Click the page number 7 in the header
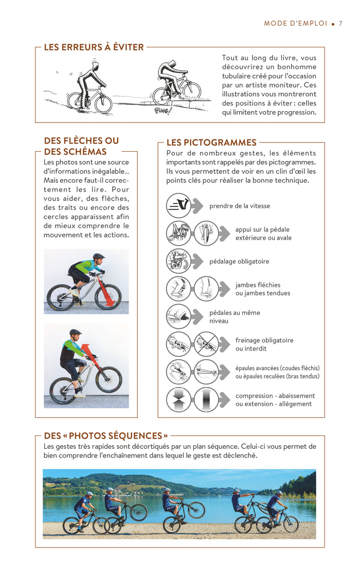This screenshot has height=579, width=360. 340,24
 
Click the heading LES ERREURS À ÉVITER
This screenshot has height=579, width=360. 94,47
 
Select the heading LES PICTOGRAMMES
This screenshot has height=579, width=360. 211,143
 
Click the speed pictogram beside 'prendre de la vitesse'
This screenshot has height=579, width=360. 178,206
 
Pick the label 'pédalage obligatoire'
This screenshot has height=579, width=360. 239,261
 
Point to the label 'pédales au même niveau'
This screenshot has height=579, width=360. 235,317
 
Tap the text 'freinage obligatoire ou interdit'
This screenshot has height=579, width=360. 264,344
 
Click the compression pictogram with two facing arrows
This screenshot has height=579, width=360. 178,400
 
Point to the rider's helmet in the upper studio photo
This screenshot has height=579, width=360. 99,256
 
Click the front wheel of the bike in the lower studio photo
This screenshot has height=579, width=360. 109,380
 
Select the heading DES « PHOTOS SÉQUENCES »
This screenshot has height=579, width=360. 106,436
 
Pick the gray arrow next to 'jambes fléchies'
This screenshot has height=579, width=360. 224,289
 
